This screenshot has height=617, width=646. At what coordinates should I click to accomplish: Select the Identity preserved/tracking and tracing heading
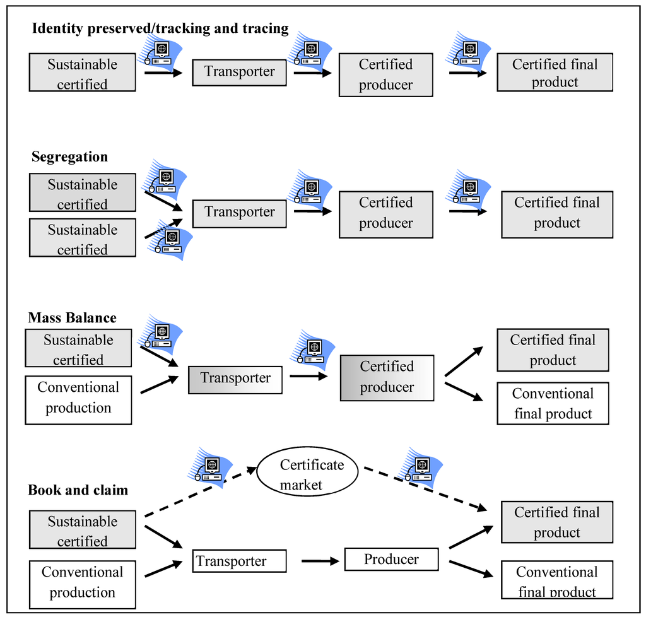click(x=160, y=28)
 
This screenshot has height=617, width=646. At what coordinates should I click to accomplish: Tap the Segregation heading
click(x=69, y=157)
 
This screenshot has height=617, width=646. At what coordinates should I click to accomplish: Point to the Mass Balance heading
click(x=72, y=317)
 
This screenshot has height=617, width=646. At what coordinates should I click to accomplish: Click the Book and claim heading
click(x=78, y=490)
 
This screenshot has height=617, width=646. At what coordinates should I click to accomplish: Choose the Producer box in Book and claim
click(x=391, y=560)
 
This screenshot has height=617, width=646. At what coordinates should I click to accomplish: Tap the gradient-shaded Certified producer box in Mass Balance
click(x=387, y=378)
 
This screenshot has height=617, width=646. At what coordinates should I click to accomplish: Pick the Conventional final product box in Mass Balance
click(x=553, y=404)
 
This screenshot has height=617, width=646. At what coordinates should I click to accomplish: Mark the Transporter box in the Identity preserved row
click(x=239, y=72)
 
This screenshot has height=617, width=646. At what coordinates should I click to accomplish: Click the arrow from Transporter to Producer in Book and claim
click(x=320, y=560)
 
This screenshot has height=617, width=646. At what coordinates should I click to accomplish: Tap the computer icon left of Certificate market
click(x=210, y=467)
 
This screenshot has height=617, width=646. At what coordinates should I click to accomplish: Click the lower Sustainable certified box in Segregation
click(x=83, y=238)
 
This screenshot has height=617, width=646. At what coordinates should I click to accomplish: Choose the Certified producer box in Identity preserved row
click(x=385, y=74)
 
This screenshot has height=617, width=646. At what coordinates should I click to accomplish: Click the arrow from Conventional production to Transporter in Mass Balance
click(x=158, y=385)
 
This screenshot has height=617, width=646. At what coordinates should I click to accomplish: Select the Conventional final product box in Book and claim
click(x=556, y=580)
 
